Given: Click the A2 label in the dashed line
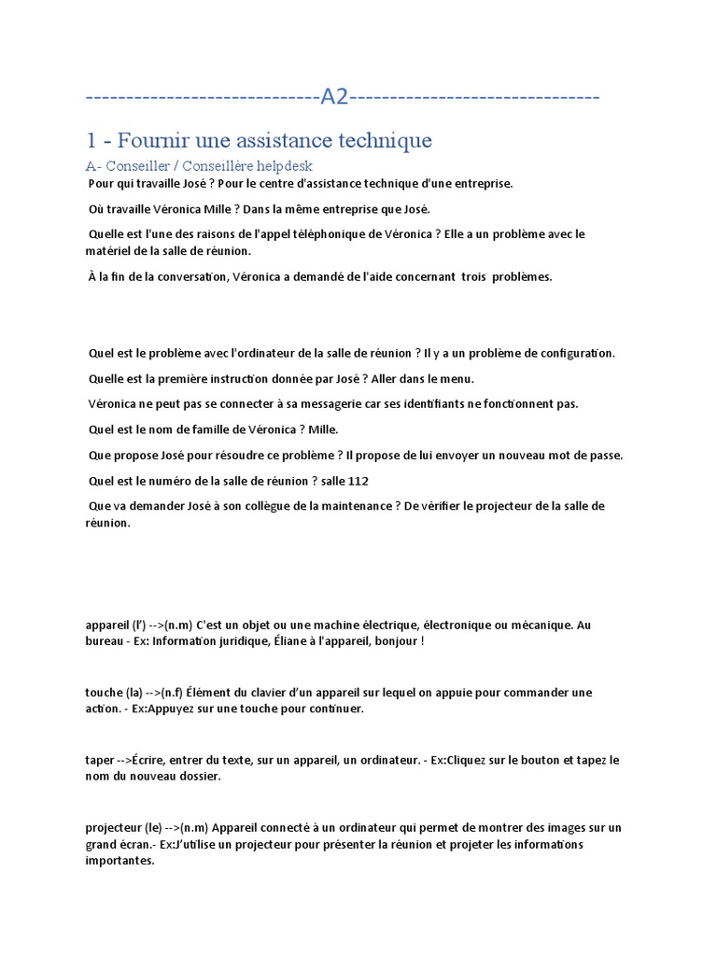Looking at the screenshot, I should (334, 97).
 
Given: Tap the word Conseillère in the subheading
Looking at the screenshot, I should (221, 165).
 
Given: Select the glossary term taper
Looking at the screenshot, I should (99, 761).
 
